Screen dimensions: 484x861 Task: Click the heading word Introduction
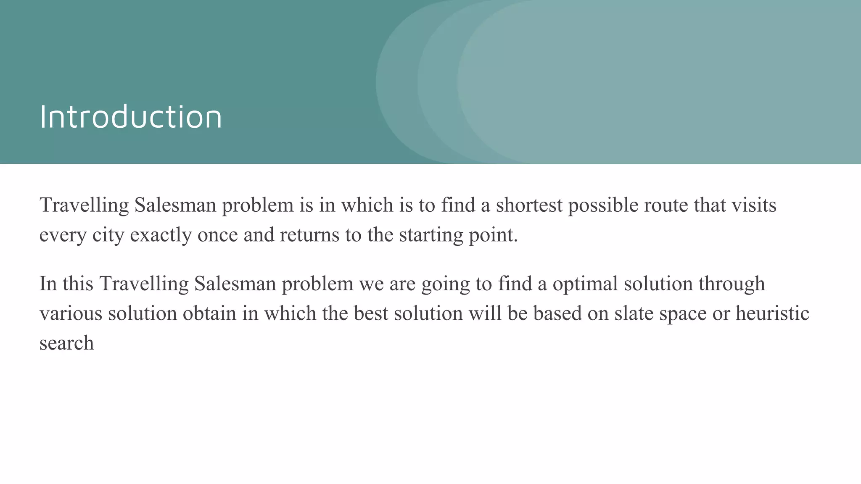(131, 117)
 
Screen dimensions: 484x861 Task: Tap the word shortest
(529, 205)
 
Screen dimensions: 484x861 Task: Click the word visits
(754, 205)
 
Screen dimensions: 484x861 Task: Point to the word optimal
(585, 284)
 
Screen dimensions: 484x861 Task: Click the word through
(732, 284)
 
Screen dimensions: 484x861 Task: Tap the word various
(71, 313)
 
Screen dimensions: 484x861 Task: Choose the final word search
(66, 343)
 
